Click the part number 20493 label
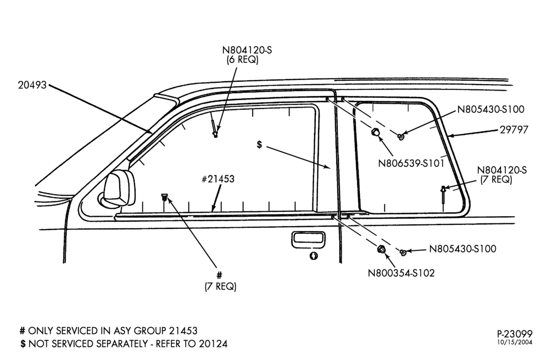click(x=32, y=85)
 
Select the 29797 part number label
click(x=514, y=130)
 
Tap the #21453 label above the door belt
click(x=218, y=179)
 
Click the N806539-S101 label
click(x=411, y=163)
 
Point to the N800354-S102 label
click(x=401, y=273)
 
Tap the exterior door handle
click(x=308, y=240)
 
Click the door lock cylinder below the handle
click(x=314, y=256)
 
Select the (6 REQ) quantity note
click(x=242, y=60)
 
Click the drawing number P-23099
click(x=515, y=334)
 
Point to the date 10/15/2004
click(x=515, y=342)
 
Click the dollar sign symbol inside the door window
click(x=259, y=144)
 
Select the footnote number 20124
click(x=213, y=344)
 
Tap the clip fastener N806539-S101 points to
click(x=376, y=132)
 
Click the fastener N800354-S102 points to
click(x=382, y=249)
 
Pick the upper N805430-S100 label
click(x=491, y=109)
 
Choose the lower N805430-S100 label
click(x=462, y=249)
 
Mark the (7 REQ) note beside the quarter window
click(x=496, y=180)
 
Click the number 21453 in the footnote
click(x=183, y=330)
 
